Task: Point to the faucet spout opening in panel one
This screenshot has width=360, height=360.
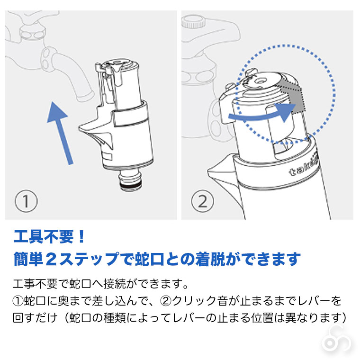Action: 85,97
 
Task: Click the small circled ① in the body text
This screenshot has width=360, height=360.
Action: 18,301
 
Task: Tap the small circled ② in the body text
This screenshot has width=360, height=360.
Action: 164,301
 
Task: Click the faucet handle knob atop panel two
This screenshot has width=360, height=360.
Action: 194,21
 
